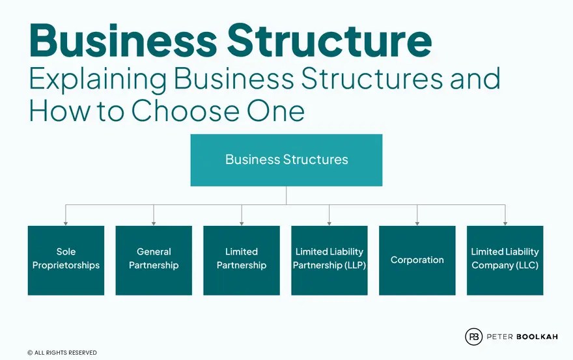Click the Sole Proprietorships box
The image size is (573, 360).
pos(66,260)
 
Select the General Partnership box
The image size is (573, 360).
pos(154,260)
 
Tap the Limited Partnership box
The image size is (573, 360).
pos(242,260)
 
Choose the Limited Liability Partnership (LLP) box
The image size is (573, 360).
pos(329,260)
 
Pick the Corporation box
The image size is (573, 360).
pos(417,260)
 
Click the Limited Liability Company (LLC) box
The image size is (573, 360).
pos(505,260)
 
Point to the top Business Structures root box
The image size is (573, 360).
pos(286,160)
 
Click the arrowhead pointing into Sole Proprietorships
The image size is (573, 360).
pos(66,223)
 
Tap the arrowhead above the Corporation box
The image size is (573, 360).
pos(417,223)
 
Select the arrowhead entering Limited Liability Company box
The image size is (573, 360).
pos(505,223)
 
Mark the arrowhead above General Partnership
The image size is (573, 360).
pos(154,223)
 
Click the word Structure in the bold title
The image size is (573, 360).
pos(329,40)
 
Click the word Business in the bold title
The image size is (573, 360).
pos(122,40)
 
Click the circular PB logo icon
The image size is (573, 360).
pos(473,337)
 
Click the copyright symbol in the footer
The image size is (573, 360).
pos(30,353)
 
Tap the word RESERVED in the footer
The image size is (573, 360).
pos(81,353)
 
